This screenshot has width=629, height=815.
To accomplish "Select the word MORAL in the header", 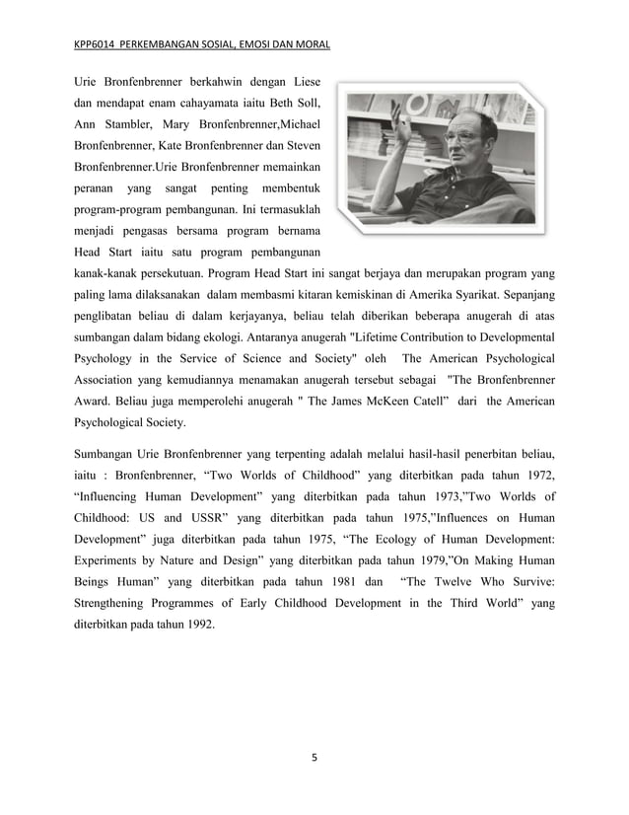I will click(x=313, y=43).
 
